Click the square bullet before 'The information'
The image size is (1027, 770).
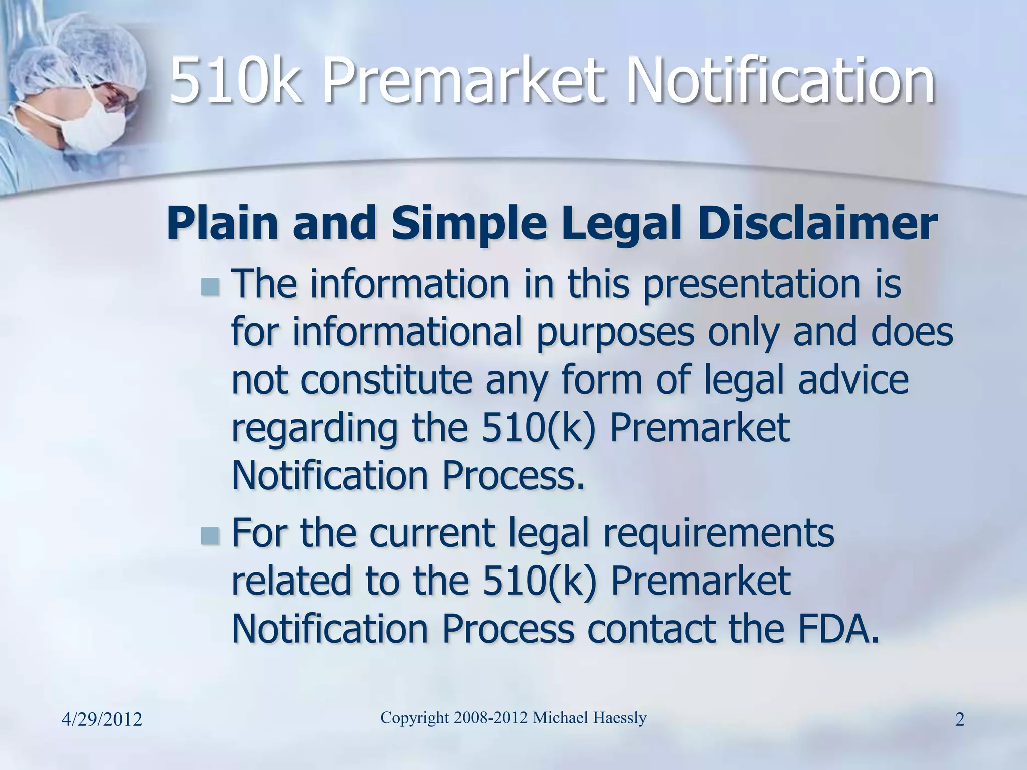click(210, 287)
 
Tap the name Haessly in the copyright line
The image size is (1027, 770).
click(620, 718)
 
